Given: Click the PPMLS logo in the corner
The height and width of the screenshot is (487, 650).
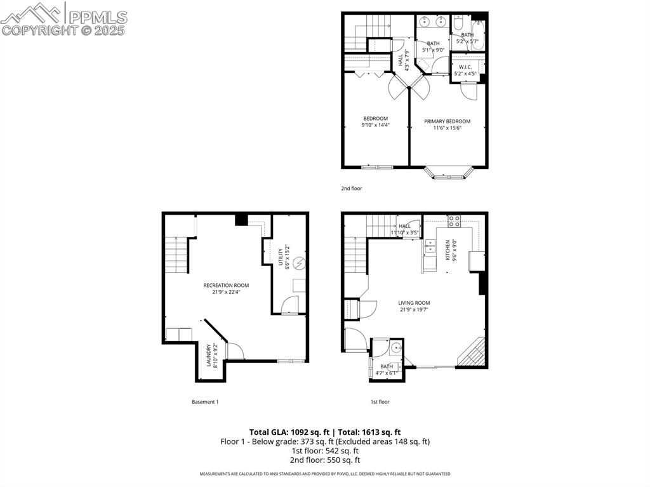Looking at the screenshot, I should (63, 19).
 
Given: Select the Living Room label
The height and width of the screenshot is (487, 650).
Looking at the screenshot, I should (414, 303).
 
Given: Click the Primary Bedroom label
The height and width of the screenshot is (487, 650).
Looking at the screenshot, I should (447, 121).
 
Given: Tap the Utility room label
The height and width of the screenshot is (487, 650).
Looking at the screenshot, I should (280, 257).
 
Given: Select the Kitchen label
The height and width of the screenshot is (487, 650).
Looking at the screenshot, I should (448, 249).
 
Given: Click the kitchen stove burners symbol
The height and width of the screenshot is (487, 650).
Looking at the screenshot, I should (454, 221).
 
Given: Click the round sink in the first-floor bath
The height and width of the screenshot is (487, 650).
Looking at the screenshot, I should (395, 348).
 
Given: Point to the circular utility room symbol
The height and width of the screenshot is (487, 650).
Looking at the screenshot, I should (300, 262).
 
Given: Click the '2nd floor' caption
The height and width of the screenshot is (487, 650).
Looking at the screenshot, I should (352, 189).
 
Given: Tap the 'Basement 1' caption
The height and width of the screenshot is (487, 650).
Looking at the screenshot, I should (205, 402).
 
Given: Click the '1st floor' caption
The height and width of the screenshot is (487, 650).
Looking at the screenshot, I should (380, 402).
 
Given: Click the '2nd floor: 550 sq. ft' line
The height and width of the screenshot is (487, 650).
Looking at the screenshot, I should (325, 460).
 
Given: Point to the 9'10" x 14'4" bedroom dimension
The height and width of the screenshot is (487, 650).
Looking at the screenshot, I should (375, 126).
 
